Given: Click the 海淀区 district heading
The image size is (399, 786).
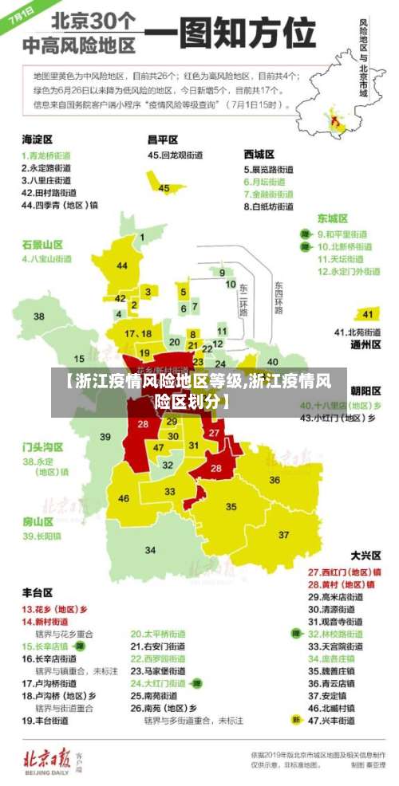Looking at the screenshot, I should pos(37,139).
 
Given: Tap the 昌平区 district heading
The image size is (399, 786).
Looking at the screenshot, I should pos(162,139).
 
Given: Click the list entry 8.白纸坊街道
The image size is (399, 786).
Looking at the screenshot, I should pos(268,206).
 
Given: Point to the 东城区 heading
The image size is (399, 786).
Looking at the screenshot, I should pos(333,218).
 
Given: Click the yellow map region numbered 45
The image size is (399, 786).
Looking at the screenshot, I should pos(164,187).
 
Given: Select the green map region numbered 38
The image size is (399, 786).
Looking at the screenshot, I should pos(38,317).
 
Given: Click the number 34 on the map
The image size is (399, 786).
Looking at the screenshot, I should pos(150,550).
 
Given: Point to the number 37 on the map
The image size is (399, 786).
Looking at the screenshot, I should pos(283,534).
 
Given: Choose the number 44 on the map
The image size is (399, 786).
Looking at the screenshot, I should pos(122,265).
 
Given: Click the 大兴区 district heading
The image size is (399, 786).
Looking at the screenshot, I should pos(366,555).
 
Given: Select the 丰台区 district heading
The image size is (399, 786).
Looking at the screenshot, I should pos(37,593).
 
